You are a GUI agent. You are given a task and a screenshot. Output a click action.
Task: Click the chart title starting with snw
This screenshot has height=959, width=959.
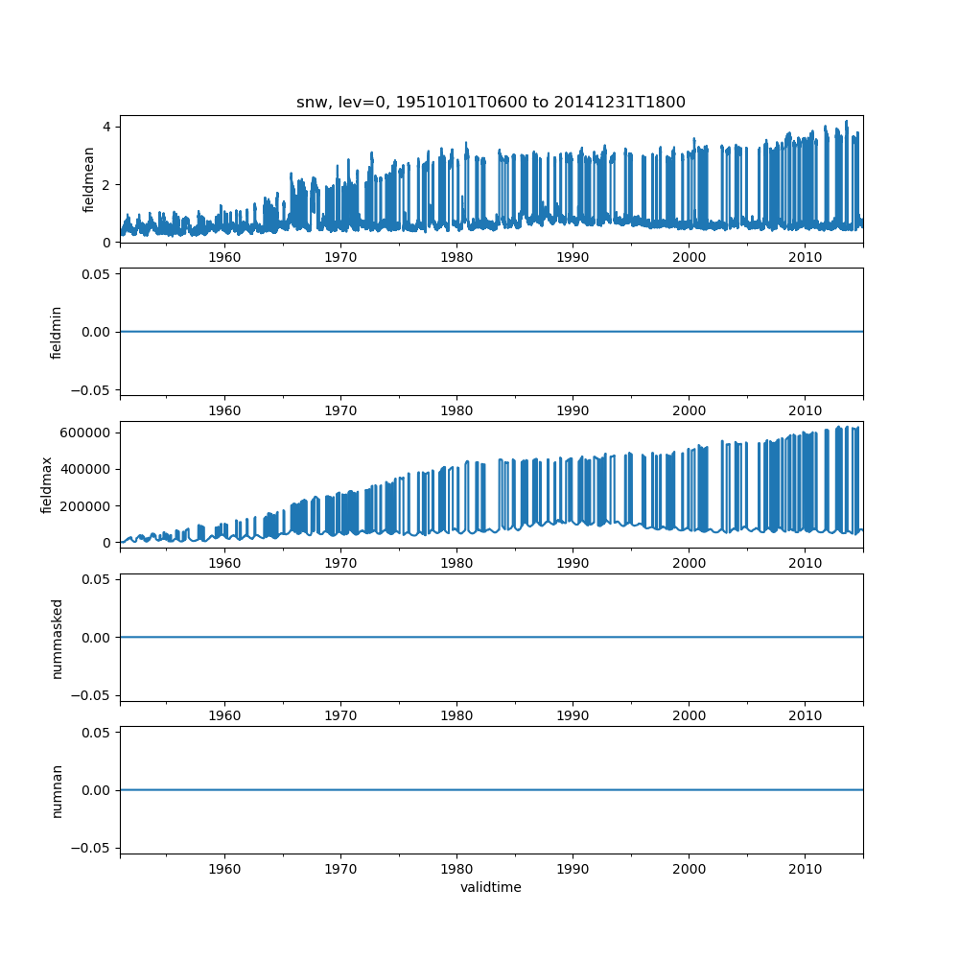[490, 103]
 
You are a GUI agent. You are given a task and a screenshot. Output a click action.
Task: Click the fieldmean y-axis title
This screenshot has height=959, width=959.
[88, 179]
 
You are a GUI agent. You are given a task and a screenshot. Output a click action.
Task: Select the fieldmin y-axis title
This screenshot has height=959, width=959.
[57, 332]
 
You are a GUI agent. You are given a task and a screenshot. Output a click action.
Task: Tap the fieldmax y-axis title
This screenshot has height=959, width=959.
[47, 484]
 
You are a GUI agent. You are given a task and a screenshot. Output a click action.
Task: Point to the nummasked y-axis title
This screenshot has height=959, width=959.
[57, 638]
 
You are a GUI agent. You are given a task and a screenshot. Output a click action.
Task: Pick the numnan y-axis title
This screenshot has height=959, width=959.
[57, 790]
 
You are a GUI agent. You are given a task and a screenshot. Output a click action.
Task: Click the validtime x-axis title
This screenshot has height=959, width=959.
[490, 888]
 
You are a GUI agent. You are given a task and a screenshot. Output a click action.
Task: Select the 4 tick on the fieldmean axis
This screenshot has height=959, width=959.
[109, 127]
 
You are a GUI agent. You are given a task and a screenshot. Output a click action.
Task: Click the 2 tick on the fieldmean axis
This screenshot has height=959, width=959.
[109, 184]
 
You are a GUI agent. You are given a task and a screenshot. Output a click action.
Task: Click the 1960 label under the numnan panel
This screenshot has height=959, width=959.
[224, 868]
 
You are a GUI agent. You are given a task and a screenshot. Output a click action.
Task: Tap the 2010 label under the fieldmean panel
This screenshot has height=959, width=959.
[805, 257]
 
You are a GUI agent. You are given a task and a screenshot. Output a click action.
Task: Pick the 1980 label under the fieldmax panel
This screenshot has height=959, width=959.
[456, 563]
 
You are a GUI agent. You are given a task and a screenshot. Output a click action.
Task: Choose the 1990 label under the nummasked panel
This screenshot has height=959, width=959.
[573, 715]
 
